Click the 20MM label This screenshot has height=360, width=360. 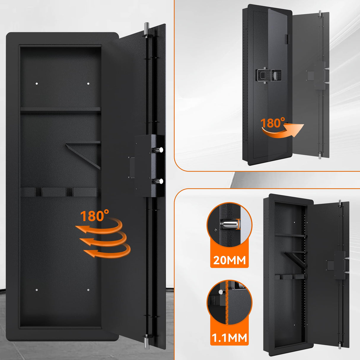pos(229,260)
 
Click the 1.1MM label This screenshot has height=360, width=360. pos(229,337)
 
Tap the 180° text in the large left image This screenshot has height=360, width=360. pos(94,216)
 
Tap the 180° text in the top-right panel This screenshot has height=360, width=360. pos(272,122)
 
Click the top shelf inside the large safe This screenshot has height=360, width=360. pos(60,109)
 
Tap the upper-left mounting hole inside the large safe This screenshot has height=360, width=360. pos(37,84)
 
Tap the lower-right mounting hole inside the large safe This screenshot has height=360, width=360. pos(88,290)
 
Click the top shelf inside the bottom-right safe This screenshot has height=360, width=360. pos(290,235)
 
